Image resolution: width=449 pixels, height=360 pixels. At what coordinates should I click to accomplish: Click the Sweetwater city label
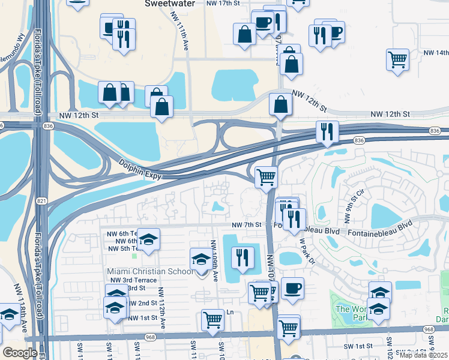(x=169, y=3)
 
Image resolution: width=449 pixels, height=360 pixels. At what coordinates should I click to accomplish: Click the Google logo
(x=20, y=353)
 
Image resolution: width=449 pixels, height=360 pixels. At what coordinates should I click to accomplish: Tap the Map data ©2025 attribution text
(x=423, y=355)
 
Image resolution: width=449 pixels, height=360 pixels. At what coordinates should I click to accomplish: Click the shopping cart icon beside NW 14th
(x=397, y=60)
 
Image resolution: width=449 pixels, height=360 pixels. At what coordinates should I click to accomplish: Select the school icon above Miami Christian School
(x=201, y=259)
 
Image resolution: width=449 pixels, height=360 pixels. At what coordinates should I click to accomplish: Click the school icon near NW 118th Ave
(x=9, y=316)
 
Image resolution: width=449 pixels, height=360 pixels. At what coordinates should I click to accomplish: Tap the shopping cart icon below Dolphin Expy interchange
(x=265, y=177)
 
